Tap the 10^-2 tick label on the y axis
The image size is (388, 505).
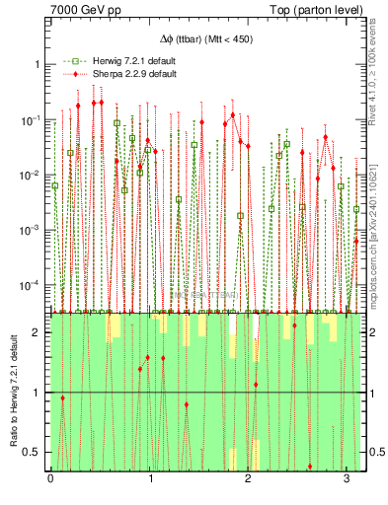click(34, 175)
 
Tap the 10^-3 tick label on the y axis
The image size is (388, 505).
click(34, 230)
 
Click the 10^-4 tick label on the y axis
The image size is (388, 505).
click(34, 285)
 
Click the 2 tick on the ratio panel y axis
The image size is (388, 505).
click(39, 333)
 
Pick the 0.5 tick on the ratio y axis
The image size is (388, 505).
click(35, 452)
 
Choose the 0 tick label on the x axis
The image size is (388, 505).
click(51, 480)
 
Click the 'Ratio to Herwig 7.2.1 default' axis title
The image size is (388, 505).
click(12, 393)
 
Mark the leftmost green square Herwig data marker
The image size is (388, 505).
click(55, 185)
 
